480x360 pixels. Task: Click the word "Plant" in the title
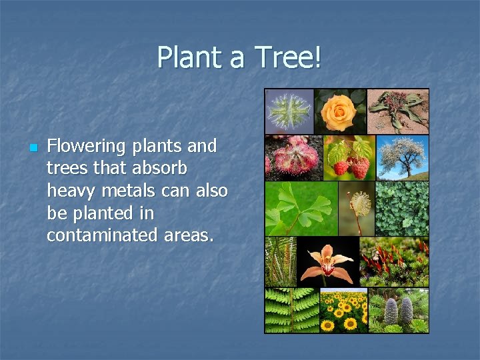(x=190, y=58)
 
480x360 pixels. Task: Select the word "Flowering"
(x=86, y=146)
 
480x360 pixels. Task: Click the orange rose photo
(x=340, y=111)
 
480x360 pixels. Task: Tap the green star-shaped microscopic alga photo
(x=289, y=111)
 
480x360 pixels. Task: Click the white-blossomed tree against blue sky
(x=403, y=158)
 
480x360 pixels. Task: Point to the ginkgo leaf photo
(x=301, y=208)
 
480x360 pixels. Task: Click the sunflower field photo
(x=343, y=310)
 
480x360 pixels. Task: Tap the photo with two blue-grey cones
(x=398, y=310)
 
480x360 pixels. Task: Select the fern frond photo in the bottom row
(x=291, y=310)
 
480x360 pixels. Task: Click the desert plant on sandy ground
(x=398, y=111)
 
